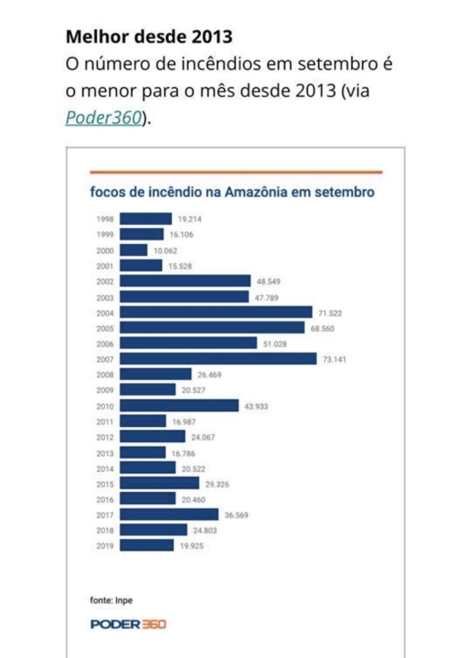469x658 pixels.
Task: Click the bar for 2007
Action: pos(218,358)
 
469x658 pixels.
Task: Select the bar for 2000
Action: pos(133,250)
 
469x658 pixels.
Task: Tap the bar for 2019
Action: pos(147,545)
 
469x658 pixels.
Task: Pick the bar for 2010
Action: pos(179,405)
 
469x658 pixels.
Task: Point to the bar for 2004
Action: pos(216,312)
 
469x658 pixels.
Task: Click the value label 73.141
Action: pos(334,359)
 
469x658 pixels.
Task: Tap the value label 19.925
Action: pos(191,546)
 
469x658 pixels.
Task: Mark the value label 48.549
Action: pos(268,281)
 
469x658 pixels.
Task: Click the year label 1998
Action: pos(105,219)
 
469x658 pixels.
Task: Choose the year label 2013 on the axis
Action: pos(105,453)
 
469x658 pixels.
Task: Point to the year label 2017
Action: pos(105,515)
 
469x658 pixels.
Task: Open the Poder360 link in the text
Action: pos(103,117)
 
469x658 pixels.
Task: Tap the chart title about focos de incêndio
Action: pos(232,192)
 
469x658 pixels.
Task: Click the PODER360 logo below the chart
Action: pos(127,624)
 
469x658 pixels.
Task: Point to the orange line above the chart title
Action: pos(236,172)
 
